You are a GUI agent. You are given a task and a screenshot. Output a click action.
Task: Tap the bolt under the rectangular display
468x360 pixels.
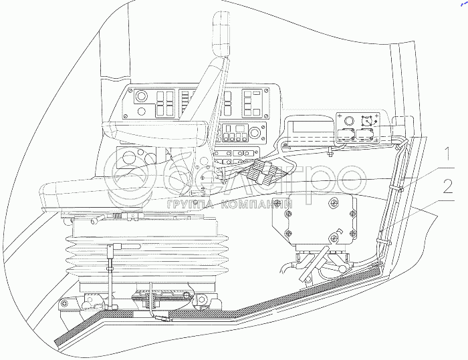(x=330, y=156)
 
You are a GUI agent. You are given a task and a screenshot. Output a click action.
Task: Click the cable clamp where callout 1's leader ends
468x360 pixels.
(x=400, y=189)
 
